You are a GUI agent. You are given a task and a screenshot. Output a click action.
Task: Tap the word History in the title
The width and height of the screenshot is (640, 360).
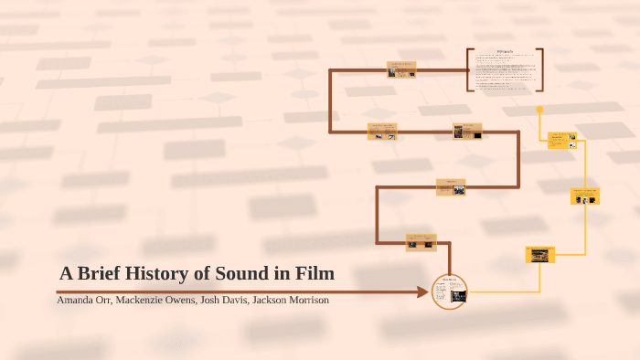click(156, 273)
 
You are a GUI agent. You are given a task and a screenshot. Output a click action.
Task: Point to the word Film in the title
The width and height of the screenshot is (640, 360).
click(315, 273)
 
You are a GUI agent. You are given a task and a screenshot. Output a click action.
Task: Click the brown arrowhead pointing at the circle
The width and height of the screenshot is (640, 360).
click(422, 292)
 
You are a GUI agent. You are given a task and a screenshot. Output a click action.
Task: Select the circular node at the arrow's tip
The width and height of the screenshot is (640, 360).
click(449, 291)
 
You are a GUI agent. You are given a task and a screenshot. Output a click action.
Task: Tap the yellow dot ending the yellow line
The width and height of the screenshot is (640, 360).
click(540, 110)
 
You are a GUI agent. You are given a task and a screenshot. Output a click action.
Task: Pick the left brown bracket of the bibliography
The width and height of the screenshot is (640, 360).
click(468, 70)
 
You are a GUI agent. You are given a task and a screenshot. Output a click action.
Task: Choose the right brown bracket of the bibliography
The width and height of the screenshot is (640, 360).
click(541, 70)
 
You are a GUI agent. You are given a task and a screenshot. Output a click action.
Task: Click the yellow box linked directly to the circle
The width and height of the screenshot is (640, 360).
click(540, 255)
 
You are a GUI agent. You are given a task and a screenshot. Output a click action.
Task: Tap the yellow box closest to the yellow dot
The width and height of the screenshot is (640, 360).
click(561, 140)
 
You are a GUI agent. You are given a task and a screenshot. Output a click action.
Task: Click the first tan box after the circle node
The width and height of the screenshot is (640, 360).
click(421, 242)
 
